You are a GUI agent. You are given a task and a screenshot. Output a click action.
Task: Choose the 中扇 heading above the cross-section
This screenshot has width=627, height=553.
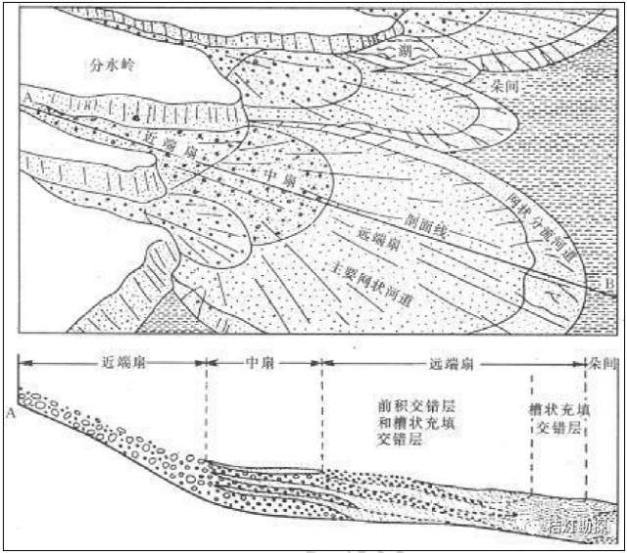262,361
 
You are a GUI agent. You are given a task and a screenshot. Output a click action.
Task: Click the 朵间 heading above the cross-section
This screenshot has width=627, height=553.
600,361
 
